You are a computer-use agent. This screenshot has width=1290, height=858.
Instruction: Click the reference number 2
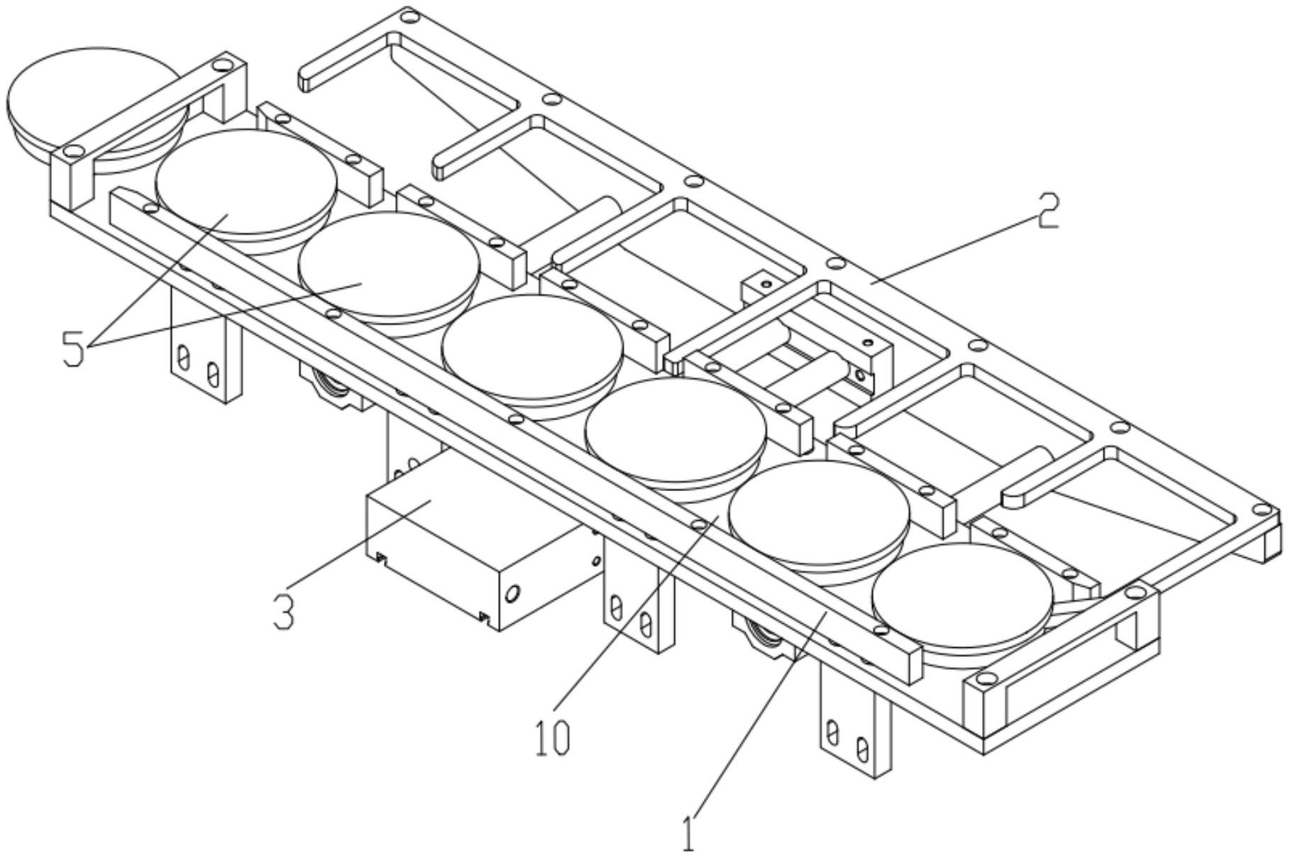point(1048,211)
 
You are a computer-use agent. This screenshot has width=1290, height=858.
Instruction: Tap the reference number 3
point(283,612)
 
